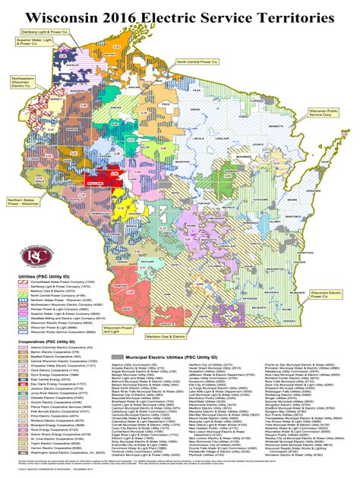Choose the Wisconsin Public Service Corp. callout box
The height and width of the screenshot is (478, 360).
(x=322, y=112)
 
